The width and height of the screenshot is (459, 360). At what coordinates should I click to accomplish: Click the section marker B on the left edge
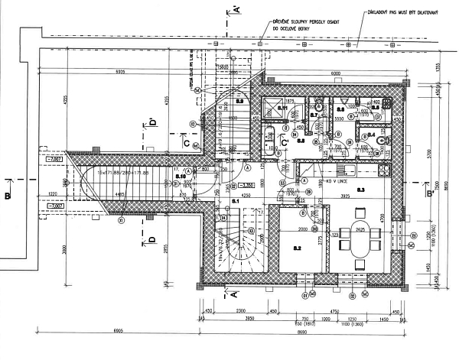(x=7, y=196)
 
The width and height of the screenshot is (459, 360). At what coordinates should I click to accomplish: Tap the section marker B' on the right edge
(x=430, y=194)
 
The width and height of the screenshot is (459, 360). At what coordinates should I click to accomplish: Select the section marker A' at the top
(x=236, y=9)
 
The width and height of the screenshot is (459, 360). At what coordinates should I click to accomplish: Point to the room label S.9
(x=239, y=100)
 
